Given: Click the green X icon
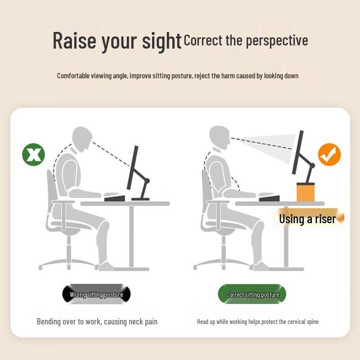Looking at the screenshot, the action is click(33, 154).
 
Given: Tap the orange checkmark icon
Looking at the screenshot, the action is click(329, 154).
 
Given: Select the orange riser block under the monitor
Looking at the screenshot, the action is click(306, 192).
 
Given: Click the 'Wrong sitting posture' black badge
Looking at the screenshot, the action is click(96, 294).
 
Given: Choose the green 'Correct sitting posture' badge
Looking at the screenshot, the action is click(252, 294).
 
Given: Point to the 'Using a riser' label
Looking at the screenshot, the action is click(308, 219).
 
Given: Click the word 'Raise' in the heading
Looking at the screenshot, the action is click(74, 41).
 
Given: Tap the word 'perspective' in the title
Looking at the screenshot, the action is click(277, 41).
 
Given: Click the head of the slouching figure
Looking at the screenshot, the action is click(82, 139).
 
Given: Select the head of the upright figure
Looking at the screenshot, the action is click(220, 137).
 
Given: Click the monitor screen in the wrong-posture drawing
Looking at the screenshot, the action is click(133, 167).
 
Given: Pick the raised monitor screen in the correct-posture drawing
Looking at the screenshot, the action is click(298, 152).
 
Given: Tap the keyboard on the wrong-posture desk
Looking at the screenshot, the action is click(115, 198).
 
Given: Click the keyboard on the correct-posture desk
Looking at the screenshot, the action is click(269, 198).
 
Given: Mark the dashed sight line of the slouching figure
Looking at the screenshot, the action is click(111, 154).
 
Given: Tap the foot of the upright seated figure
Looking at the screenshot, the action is click(260, 266).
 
